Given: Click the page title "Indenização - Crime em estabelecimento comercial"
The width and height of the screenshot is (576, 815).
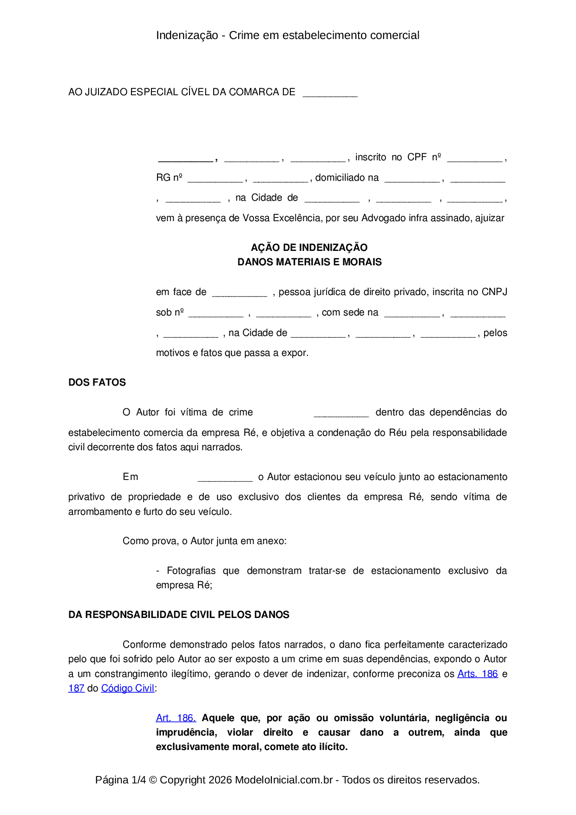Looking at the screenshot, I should pyautogui.click(x=288, y=35).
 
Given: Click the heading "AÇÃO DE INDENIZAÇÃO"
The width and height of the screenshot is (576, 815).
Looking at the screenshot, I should pyautogui.click(x=309, y=248).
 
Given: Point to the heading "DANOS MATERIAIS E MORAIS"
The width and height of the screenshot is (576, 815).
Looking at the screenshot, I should pyautogui.click(x=309, y=262).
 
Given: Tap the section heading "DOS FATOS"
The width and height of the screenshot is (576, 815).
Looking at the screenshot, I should pyautogui.click(x=97, y=382).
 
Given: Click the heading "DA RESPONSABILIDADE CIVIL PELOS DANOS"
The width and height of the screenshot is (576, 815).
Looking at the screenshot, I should pyautogui.click(x=179, y=615).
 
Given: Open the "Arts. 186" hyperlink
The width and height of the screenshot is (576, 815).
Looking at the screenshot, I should pyautogui.click(x=478, y=674).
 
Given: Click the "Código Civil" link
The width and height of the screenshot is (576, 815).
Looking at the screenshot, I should pyautogui.click(x=128, y=688).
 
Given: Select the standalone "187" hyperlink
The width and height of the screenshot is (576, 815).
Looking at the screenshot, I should pyautogui.click(x=76, y=688).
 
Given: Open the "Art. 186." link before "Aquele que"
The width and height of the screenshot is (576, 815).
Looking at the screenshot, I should pyautogui.click(x=176, y=718).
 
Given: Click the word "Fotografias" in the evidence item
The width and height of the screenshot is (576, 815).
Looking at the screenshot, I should pyautogui.click(x=191, y=571).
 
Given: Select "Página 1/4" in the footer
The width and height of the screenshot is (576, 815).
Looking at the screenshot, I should pyautogui.click(x=120, y=780).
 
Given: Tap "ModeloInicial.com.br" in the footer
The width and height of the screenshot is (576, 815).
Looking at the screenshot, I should pyautogui.click(x=284, y=780).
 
